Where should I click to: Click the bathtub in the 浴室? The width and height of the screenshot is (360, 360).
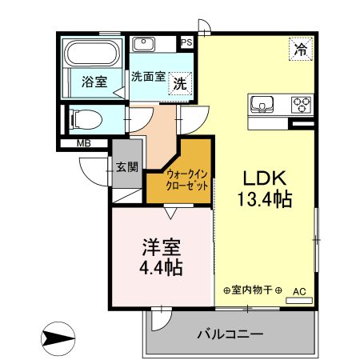(92, 53)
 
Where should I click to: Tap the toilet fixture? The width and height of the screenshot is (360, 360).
(86, 119)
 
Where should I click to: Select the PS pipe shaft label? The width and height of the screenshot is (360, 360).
(186, 42)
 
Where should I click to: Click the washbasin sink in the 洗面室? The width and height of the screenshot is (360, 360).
(144, 44)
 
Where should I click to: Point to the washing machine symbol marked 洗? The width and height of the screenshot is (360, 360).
(180, 84)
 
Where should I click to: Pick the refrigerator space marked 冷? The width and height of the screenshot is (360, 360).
(301, 49)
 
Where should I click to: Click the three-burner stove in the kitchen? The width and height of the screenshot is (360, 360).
(302, 105)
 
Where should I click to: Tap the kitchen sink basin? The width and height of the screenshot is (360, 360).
(262, 104)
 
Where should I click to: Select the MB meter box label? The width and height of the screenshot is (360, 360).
(84, 143)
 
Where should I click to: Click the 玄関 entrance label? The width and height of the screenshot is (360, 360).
(127, 167)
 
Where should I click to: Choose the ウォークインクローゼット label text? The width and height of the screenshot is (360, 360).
(186, 180)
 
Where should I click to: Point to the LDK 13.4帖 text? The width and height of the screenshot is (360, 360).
(265, 189)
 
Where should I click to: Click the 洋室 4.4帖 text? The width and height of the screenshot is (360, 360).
(161, 258)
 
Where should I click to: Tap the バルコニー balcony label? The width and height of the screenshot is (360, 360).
(230, 334)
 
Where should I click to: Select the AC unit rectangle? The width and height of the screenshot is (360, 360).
(299, 301)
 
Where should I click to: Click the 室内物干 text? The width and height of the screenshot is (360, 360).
(252, 290)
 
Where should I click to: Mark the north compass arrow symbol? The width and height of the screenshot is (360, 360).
(58, 338)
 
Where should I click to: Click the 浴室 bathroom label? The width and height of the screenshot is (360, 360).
(94, 82)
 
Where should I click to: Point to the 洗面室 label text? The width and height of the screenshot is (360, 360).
(148, 77)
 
